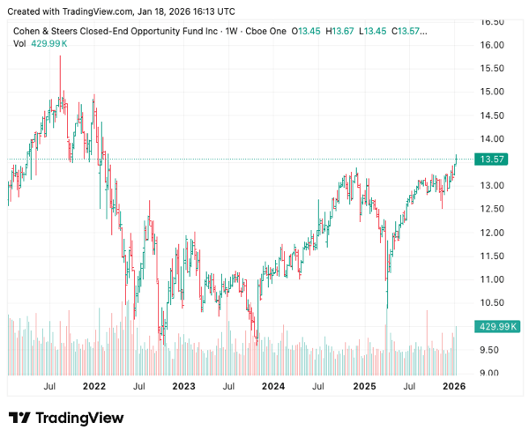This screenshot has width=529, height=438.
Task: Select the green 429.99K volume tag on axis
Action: click(x=494, y=326)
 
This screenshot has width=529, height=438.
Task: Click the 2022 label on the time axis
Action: click(x=93, y=386)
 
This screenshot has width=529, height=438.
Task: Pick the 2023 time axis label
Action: click(x=183, y=386)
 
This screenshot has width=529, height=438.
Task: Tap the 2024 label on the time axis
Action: click(x=273, y=386)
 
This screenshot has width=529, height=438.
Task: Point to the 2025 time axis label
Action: click(x=364, y=386)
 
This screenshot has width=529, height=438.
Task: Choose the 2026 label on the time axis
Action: click(x=453, y=386)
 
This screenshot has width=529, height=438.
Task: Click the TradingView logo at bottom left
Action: click(x=66, y=418)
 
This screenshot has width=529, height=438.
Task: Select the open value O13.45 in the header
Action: click(x=309, y=31)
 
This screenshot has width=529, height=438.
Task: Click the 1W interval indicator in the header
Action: click(x=233, y=31)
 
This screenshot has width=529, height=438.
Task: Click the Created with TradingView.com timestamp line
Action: click(x=123, y=11)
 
